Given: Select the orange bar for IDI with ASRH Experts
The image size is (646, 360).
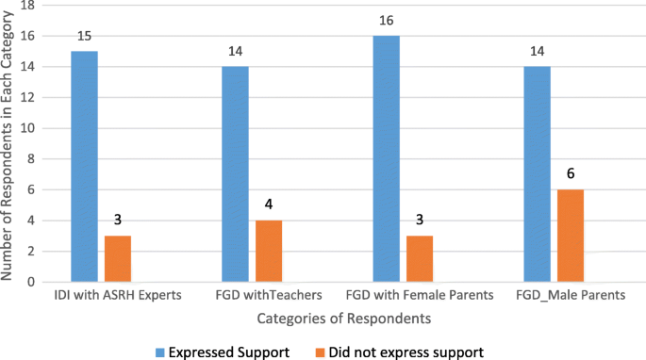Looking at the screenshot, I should click(119, 258).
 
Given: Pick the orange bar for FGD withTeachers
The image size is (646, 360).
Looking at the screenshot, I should click(268, 251).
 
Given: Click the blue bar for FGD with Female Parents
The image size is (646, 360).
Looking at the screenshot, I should click(388, 158).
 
